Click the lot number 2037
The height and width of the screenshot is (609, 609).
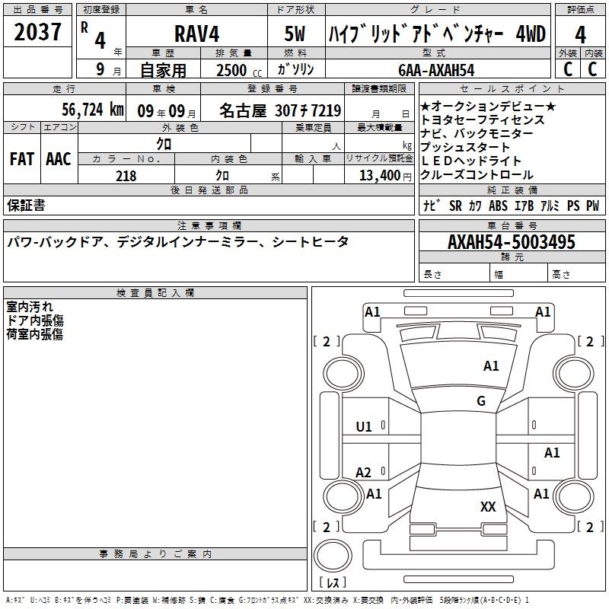coord(38,33)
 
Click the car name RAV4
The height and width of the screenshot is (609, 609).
coord(196,34)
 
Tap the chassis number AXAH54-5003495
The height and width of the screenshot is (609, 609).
coord(512,243)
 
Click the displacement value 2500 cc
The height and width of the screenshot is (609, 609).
coord(237,70)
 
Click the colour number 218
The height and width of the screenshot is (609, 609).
coord(126,176)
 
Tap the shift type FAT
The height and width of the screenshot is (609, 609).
coord(21,158)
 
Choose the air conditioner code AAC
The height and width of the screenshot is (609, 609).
coord(58,158)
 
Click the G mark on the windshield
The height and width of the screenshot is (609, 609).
coord(481,401)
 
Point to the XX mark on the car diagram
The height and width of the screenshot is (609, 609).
coord(488,506)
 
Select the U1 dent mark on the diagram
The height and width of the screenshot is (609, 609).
coord(364,427)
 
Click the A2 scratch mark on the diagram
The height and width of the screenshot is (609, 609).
coord(364,473)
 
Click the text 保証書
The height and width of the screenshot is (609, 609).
coord(26,205)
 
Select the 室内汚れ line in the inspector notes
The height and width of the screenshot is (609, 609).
coord(30,307)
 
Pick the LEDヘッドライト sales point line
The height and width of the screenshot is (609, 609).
coord(471,161)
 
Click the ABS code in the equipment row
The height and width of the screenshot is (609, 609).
coord(498,206)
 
